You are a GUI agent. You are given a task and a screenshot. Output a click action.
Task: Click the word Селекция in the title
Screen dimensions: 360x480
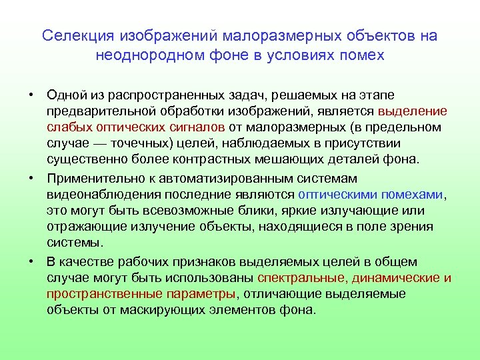tap(79, 35)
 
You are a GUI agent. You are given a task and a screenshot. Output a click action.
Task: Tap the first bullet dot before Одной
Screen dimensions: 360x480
tap(31, 94)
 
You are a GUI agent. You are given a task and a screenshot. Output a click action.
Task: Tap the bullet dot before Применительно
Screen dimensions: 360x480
tap(31, 179)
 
